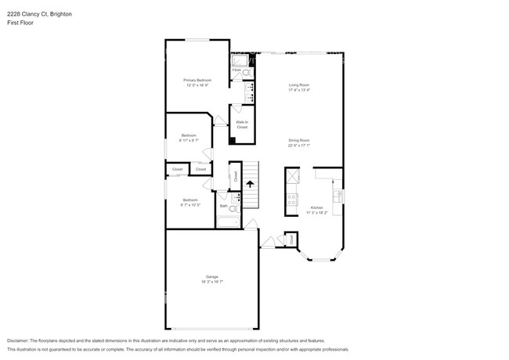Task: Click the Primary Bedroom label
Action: (x=197, y=81)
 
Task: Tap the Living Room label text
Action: (x=299, y=84)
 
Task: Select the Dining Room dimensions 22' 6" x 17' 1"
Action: (x=299, y=145)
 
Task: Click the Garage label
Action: (x=211, y=277)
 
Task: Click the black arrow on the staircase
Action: (x=250, y=185)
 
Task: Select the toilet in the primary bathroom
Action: (x=246, y=73)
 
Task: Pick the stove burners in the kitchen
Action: (x=291, y=199)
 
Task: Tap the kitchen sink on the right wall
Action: (x=338, y=196)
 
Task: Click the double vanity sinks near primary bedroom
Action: (x=249, y=93)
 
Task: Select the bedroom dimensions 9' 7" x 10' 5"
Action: (x=190, y=205)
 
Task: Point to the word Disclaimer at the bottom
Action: (x=21, y=341)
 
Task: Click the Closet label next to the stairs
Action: (x=236, y=176)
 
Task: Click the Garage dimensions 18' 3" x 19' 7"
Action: (x=211, y=282)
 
